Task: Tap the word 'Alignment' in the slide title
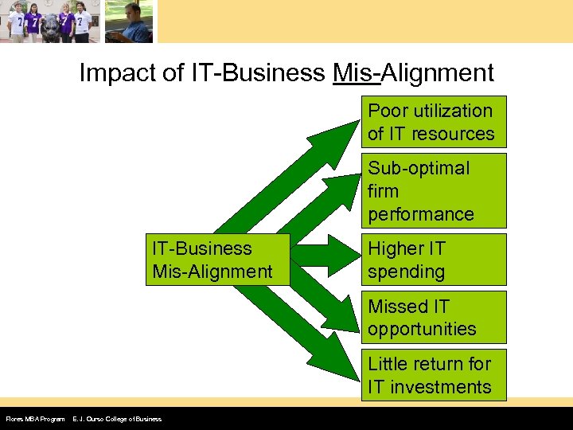[438, 73]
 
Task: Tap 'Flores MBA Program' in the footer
[35, 419]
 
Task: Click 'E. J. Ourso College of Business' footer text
[117, 419]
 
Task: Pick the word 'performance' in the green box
[420, 214]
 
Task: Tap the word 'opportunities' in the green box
[422, 329]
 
